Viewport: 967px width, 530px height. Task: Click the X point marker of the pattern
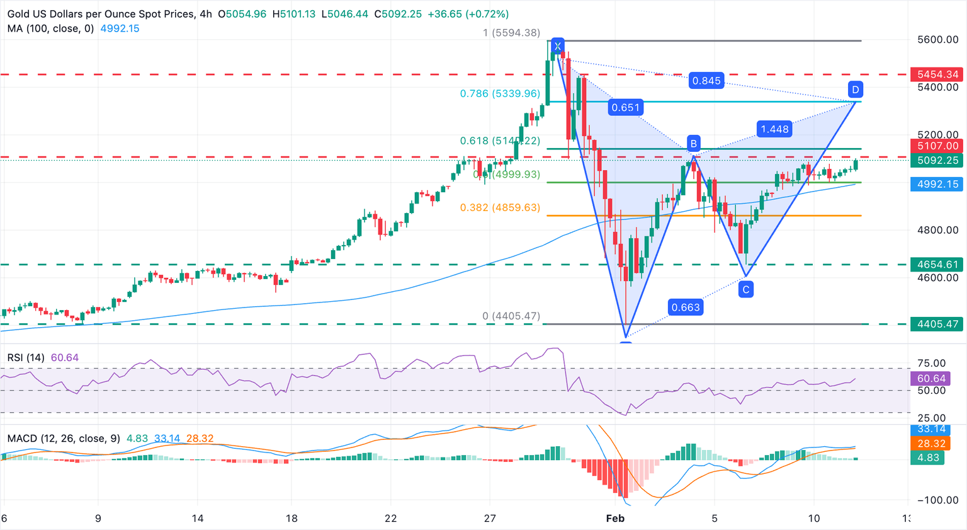(557, 46)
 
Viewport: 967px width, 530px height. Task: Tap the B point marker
(693, 142)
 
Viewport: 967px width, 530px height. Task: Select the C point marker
(745, 289)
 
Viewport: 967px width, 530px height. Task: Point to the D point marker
(855, 89)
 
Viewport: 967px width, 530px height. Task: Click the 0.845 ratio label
(706, 81)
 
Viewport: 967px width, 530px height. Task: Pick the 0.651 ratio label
(625, 108)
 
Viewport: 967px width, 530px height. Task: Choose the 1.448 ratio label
(774, 129)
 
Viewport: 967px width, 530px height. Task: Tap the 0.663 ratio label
(686, 308)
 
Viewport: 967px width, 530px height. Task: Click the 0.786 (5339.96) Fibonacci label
(500, 93)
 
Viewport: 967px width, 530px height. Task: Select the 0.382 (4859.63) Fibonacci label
(500, 207)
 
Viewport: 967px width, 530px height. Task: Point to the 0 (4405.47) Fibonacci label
(511, 316)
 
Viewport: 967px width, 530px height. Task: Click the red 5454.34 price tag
(937, 74)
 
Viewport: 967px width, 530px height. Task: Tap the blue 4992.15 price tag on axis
(937, 184)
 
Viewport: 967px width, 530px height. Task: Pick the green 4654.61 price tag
(937, 265)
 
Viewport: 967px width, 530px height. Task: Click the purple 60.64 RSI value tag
(931, 378)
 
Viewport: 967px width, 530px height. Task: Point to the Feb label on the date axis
(615, 518)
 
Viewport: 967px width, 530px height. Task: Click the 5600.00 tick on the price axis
(938, 39)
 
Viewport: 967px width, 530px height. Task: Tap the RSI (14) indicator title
(26, 358)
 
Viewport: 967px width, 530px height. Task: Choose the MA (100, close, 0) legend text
(50, 28)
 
